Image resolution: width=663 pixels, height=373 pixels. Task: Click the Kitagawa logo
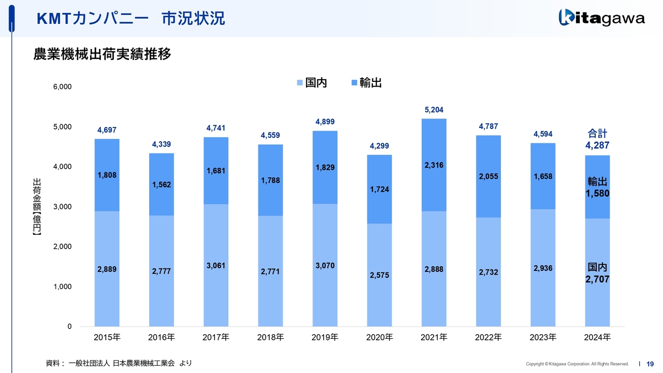(x=601, y=18)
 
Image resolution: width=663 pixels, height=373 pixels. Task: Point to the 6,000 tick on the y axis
(x=63, y=87)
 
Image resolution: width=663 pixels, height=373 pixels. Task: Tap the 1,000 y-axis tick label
(x=63, y=287)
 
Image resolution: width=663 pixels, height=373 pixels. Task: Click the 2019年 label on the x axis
(x=325, y=338)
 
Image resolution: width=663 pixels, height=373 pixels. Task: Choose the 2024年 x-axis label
(x=597, y=338)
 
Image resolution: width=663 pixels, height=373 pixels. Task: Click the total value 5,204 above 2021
(x=434, y=110)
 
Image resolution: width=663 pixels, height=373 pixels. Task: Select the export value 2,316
(x=434, y=165)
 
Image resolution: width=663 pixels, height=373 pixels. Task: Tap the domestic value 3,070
(x=325, y=266)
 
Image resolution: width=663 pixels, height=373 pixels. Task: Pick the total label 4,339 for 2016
(x=162, y=145)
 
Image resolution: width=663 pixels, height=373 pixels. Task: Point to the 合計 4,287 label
(x=597, y=140)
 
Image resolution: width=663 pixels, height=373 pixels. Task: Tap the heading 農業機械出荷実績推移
(x=102, y=54)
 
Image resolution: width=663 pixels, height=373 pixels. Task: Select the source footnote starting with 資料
(x=119, y=363)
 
